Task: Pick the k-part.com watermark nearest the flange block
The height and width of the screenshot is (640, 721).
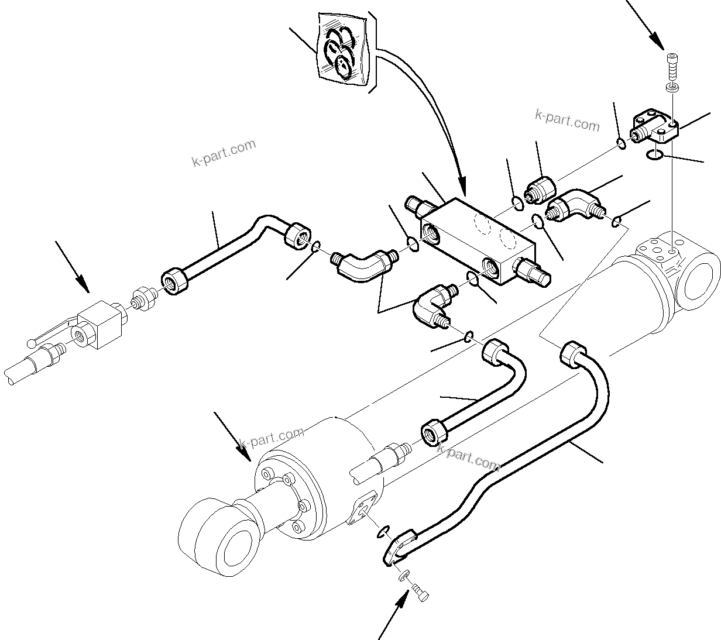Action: pyautogui.click(x=567, y=121)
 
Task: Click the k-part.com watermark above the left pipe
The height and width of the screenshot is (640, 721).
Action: pyautogui.click(x=224, y=153)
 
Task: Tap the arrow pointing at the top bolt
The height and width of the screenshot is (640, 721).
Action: pyautogui.click(x=647, y=29)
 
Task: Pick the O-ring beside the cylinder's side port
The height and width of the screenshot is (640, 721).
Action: pyautogui.click(x=383, y=531)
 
